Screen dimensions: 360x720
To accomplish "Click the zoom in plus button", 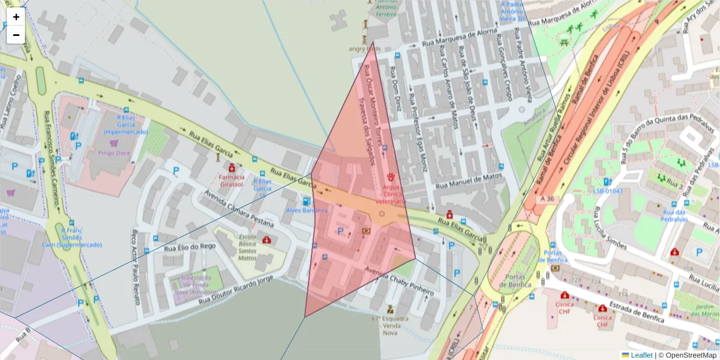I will point(16,17).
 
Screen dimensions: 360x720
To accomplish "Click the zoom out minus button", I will point(16,35).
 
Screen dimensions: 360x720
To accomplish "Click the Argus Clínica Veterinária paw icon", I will point(391,178).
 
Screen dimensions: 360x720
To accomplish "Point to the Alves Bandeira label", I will point(307,211).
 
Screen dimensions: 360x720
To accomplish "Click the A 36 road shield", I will point(546,199).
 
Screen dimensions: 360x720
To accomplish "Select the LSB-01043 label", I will point(608,191).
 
